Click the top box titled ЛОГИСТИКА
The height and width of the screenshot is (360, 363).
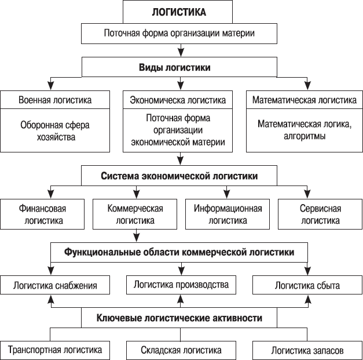(x=179, y=12)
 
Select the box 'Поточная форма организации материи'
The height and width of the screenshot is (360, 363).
(x=179, y=33)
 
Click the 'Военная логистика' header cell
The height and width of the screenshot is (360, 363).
(x=55, y=100)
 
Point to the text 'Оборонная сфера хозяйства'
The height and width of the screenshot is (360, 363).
(x=55, y=131)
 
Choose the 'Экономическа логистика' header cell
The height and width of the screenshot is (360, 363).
(x=178, y=100)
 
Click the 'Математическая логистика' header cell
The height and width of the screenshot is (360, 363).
(x=304, y=100)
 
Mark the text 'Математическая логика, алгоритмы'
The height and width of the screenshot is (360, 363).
(x=304, y=131)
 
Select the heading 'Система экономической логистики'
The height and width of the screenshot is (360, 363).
(x=179, y=176)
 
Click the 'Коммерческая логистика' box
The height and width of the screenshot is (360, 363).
(x=135, y=214)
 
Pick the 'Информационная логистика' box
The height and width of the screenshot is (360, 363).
(x=228, y=214)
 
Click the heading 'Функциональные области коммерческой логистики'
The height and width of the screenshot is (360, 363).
(x=179, y=252)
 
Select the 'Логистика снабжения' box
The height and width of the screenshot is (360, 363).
(x=56, y=286)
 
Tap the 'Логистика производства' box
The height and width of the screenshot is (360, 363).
(x=181, y=285)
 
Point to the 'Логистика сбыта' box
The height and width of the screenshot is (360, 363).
(x=307, y=286)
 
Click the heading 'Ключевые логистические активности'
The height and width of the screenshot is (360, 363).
(x=179, y=318)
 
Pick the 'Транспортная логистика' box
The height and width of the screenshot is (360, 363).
(x=56, y=350)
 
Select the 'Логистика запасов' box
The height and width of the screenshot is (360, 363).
(x=307, y=351)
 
